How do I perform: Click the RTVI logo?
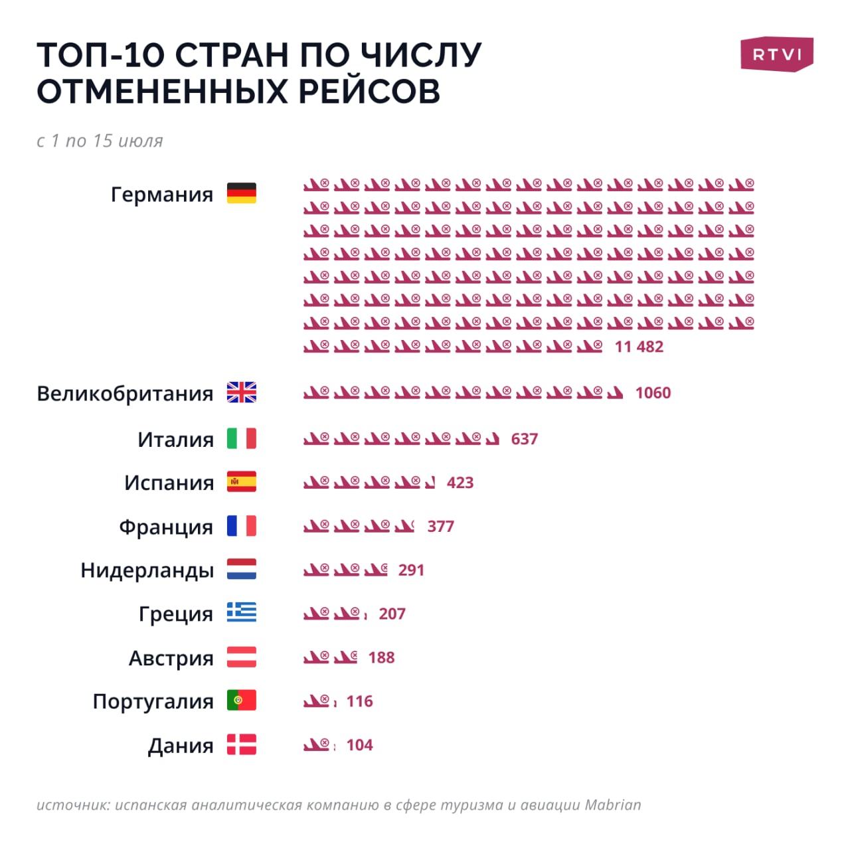(x=776, y=54)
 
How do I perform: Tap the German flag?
(x=241, y=193)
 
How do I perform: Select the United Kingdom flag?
(x=241, y=392)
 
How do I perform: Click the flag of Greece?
(x=241, y=612)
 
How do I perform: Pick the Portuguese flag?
(x=241, y=701)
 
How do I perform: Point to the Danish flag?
(x=241, y=744)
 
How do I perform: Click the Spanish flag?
(x=241, y=482)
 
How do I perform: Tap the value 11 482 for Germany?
(x=639, y=347)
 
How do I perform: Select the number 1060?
(x=653, y=393)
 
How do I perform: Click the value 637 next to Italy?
(x=524, y=439)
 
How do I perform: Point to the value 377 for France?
(x=440, y=527)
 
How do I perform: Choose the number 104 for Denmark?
(x=359, y=745)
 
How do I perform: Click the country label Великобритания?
(x=125, y=394)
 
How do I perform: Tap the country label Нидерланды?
(x=147, y=570)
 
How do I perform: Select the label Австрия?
(x=171, y=658)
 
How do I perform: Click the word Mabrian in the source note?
(x=612, y=805)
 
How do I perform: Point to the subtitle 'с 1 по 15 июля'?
(x=100, y=141)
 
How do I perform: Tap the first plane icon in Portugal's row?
(x=316, y=701)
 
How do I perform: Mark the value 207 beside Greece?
(x=392, y=614)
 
